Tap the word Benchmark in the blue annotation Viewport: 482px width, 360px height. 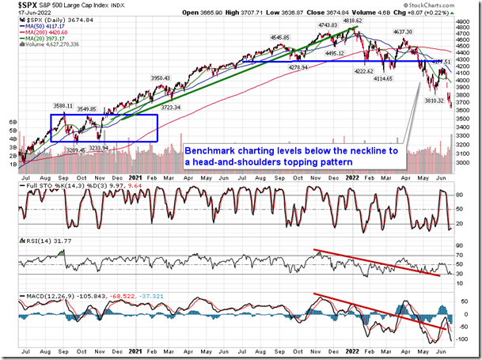pos(207,150)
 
